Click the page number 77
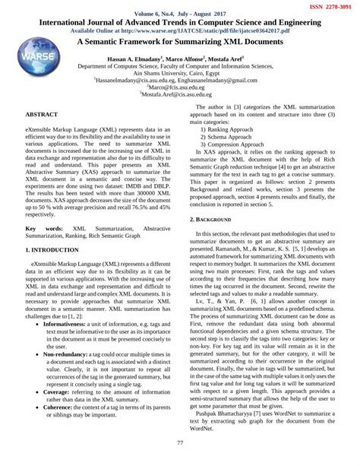(x=180, y=443)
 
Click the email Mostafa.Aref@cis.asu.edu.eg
(x=181, y=95)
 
